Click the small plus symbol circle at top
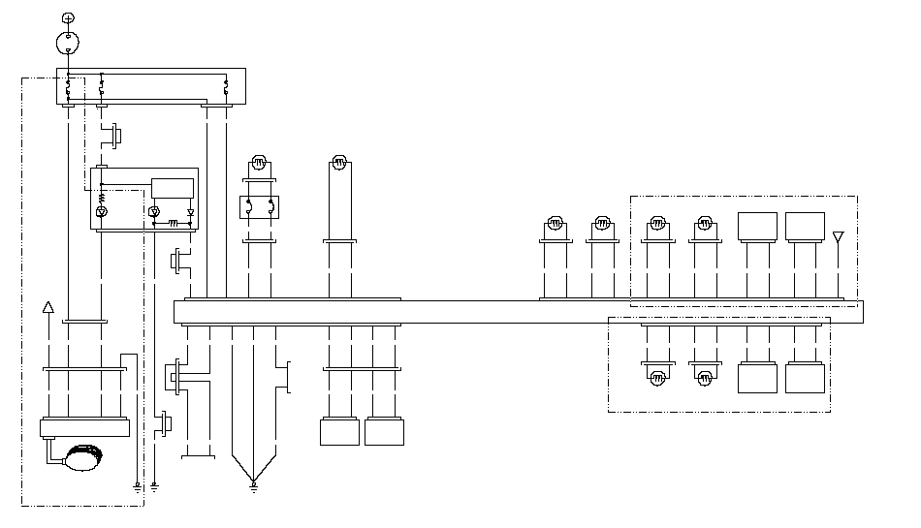coord(67,18)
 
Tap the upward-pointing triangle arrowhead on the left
coord(48,308)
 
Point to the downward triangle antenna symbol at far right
coord(839,236)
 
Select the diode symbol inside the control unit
coord(190,211)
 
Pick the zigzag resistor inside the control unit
coord(102,199)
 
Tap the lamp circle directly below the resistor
coord(102,211)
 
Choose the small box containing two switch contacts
coord(259,206)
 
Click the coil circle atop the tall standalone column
coord(339,162)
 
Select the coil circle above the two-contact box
coord(259,162)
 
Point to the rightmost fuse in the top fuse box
coord(226,87)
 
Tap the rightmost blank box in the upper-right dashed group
coord(805,227)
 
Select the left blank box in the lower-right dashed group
coord(757,378)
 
